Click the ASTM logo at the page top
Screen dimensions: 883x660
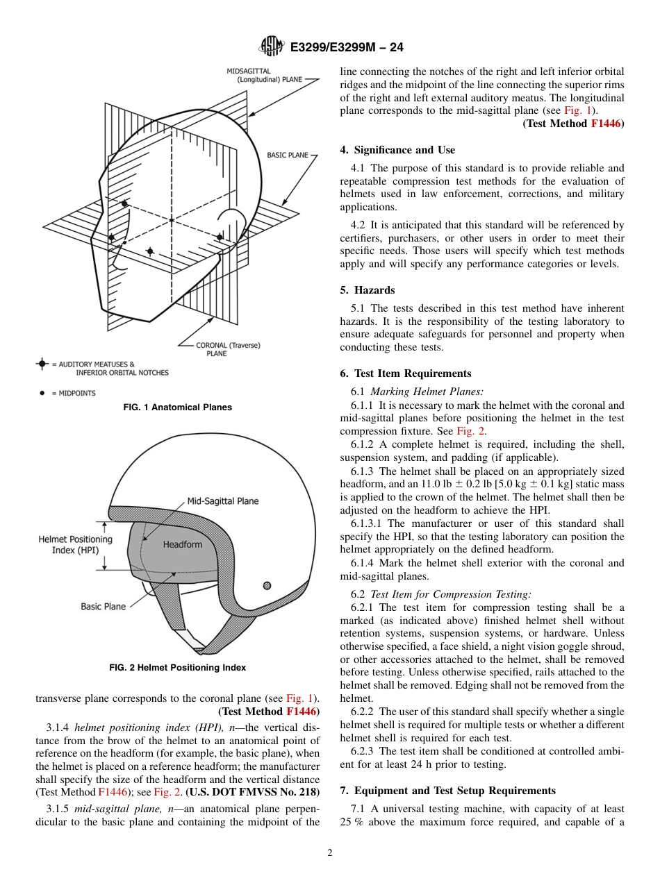tap(271, 47)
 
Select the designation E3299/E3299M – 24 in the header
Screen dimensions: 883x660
tap(346, 48)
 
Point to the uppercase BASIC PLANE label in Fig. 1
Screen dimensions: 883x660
tap(287, 155)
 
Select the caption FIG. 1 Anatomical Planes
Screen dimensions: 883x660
tap(177, 407)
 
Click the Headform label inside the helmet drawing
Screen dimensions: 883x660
tap(182, 544)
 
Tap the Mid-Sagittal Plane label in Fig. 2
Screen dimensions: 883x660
tap(222, 501)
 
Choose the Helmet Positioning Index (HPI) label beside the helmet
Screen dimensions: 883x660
tap(75, 544)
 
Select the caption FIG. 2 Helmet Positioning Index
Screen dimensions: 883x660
tap(177, 668)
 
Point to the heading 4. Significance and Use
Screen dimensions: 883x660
tap(397, 150)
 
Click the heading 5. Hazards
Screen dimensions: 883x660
tap(368, 290)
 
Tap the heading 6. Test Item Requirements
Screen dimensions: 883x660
tap(406, 373)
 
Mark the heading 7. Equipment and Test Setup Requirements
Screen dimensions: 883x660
tap(447, 791)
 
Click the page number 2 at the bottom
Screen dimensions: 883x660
tap(330, 853)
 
